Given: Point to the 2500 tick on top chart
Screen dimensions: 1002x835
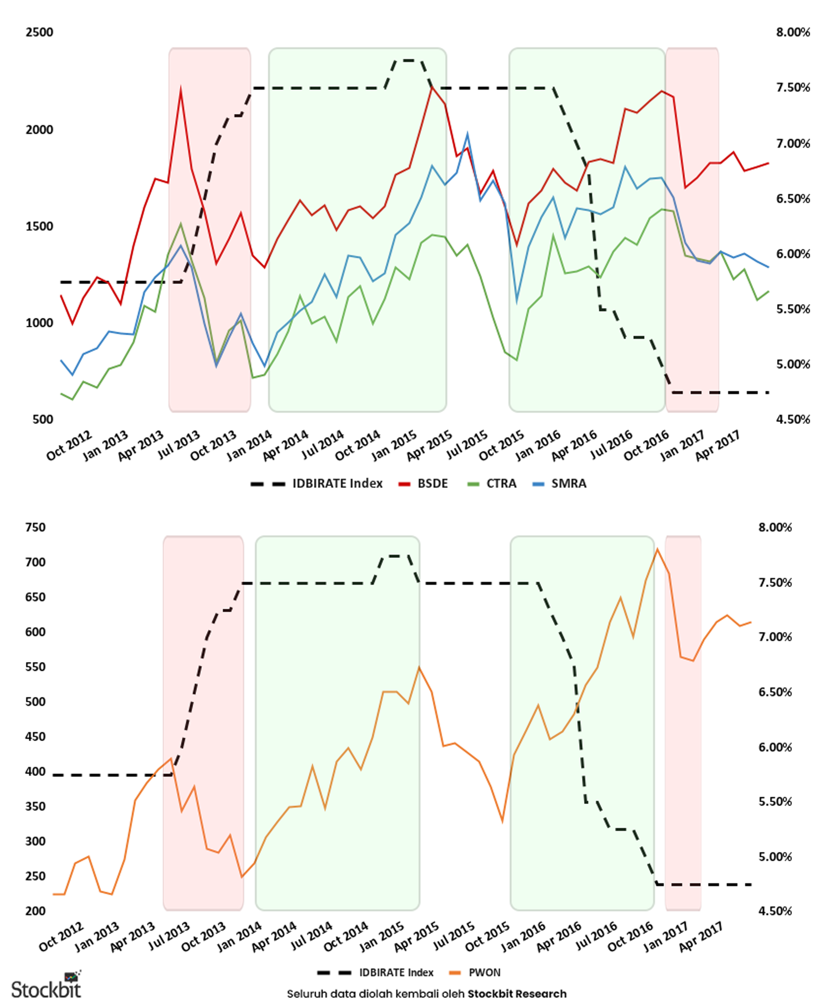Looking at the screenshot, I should coord(40,32).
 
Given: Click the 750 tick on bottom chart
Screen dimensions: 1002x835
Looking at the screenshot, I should coord(35,527).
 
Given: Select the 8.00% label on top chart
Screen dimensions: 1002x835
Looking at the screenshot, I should coord(793,32).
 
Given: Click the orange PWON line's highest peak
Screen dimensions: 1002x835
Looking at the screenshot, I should coord(657,549).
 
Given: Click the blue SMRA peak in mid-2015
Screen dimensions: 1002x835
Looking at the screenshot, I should coord(468,135).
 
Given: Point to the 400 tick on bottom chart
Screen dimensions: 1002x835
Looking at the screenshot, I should coord(35,772).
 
